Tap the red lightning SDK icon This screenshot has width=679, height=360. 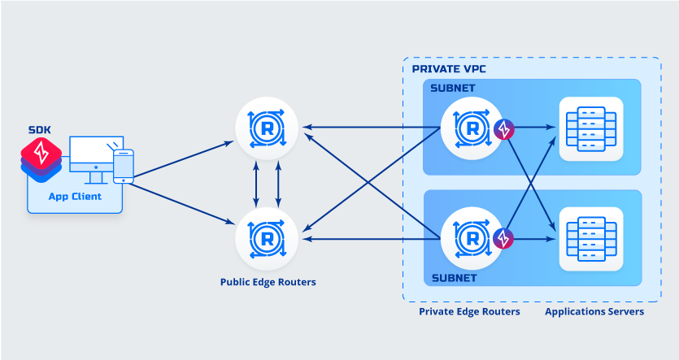tap(41, 153)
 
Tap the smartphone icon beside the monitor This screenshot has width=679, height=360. tap(123, 166)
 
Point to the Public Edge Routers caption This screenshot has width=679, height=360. tap(268, 283)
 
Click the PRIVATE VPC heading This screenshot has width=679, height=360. tap(449, 69)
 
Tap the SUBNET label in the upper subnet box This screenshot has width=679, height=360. tap(453, 88)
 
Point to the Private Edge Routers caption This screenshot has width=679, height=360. tap(469, 311)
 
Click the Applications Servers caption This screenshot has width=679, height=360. tap(594, 311)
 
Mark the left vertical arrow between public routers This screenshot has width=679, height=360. tap(257, 183)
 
